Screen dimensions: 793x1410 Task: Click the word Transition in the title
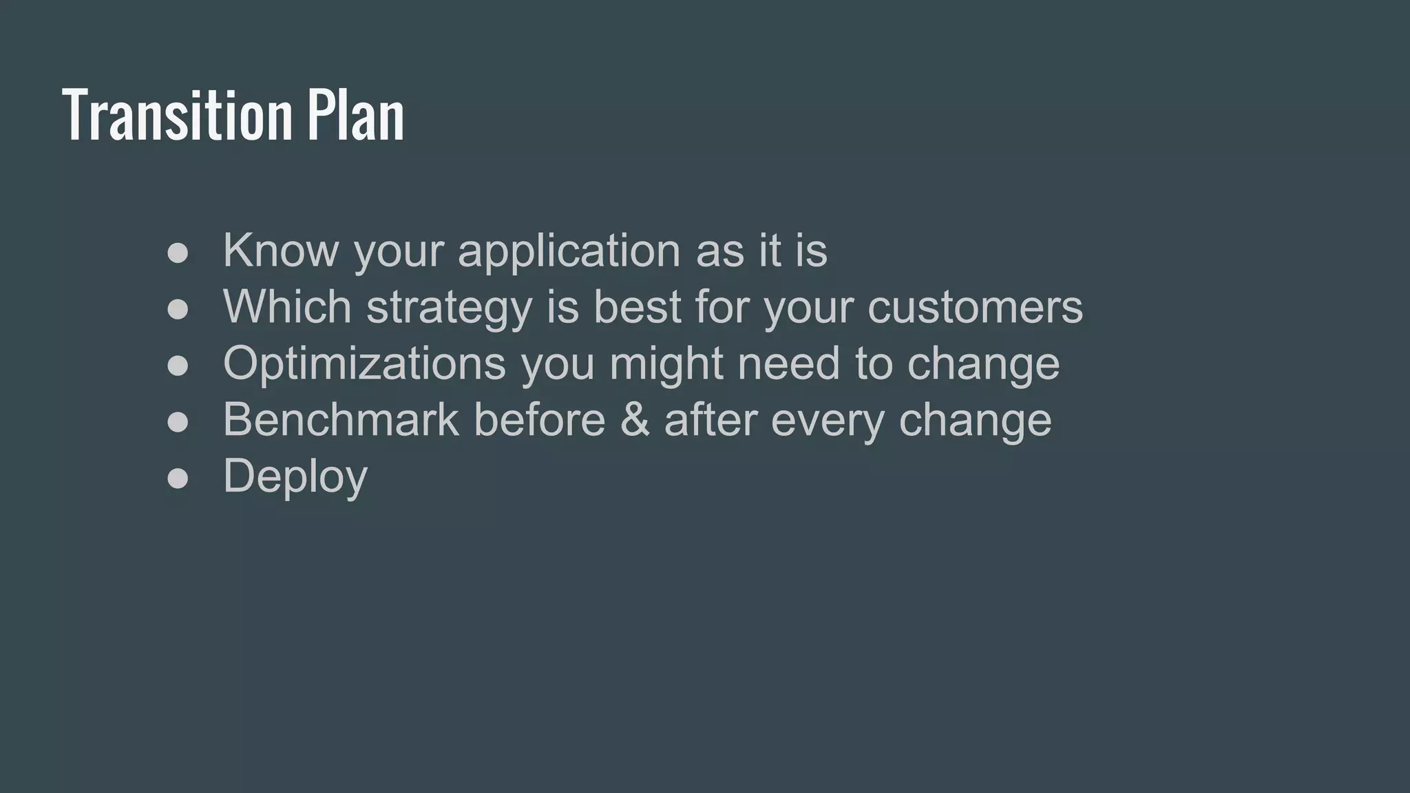click(178, 115)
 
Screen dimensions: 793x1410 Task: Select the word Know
click(280, 250)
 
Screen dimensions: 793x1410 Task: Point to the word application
click(569, 251)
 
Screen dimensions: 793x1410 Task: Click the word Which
click(287, 306)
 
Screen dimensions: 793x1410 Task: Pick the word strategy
click(449, 308)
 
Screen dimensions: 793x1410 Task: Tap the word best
click(637, 306)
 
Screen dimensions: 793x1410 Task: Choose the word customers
click(975, 308)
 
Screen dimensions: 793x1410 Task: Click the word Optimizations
click(364, 363)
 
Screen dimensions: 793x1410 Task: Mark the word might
click(666, 364)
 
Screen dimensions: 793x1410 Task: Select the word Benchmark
click(341, 419)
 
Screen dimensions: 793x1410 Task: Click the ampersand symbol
click(634, 420)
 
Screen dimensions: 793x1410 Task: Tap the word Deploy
click(295, 477)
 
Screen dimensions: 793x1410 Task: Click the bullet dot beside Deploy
click(178, 478)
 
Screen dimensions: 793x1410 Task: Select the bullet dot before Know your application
click(178, 253)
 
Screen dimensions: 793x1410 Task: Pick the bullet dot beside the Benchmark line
click(178, 422)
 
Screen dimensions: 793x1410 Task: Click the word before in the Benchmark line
click(539, 419)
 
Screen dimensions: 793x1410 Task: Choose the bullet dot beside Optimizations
click(178, 366)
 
